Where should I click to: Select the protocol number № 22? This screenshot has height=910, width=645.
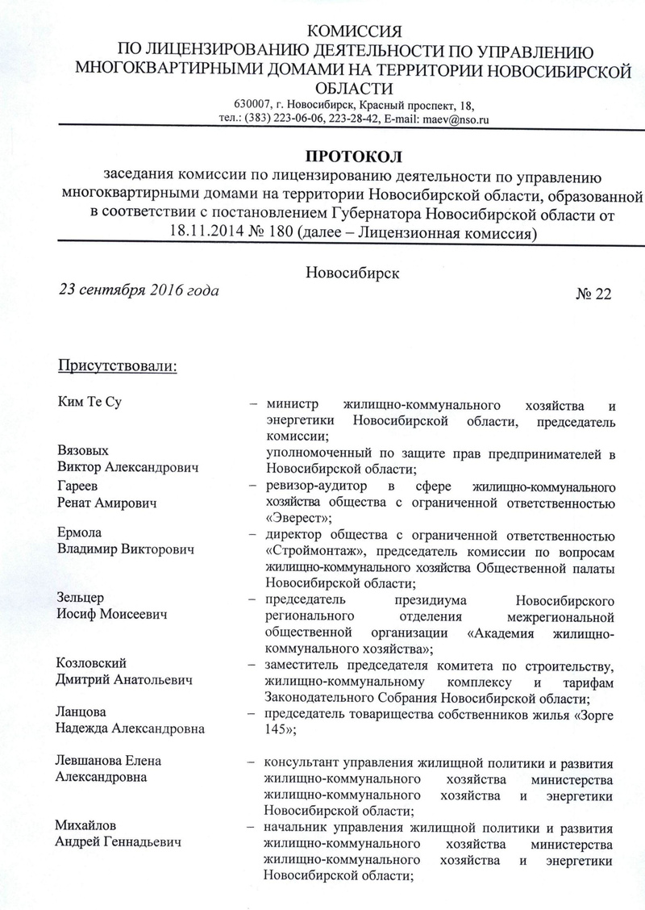point(593,294)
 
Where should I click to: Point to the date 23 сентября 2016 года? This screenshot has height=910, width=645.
point(136,289)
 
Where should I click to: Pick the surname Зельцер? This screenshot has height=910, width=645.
point(82,599)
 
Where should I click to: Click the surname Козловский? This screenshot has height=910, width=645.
point(93,663)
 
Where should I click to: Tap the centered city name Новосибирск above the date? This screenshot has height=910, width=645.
point(354,273)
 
